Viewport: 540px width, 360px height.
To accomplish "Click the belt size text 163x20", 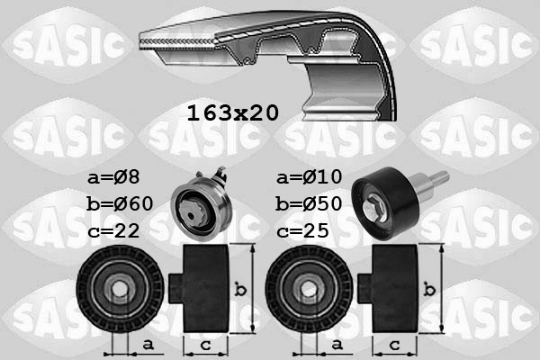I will coord(232,113).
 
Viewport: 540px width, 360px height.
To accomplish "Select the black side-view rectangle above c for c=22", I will coord(207,289).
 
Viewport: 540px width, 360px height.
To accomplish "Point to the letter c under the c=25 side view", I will coord(395,344).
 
